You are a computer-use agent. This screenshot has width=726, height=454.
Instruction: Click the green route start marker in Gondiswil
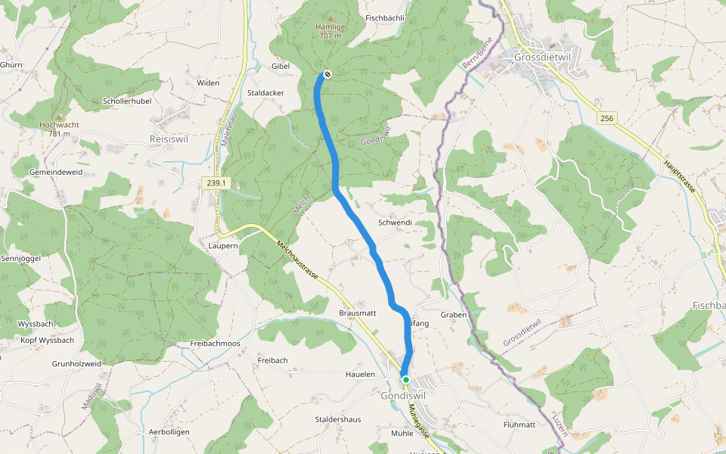point(406,380)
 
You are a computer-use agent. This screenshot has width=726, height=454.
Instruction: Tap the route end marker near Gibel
point(327,74)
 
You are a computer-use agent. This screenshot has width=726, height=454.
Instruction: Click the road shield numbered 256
point(606,118)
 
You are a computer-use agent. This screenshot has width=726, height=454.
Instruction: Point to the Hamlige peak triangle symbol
point(330,18)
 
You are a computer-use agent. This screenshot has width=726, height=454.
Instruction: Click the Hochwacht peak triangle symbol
point(60,117)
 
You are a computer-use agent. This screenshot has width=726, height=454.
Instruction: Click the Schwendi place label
point(395,223)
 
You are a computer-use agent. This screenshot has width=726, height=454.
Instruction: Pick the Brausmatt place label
point(358,313)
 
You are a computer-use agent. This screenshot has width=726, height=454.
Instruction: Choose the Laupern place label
point(223,246)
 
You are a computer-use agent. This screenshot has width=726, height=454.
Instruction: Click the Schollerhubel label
point(127,101)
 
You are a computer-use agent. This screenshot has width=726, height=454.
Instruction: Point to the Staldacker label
point(266,92)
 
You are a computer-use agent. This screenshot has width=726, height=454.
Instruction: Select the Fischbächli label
point(385,17)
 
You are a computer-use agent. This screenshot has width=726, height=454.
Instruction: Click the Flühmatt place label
point(520,425)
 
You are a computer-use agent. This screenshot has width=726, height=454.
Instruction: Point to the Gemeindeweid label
point(55,173)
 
